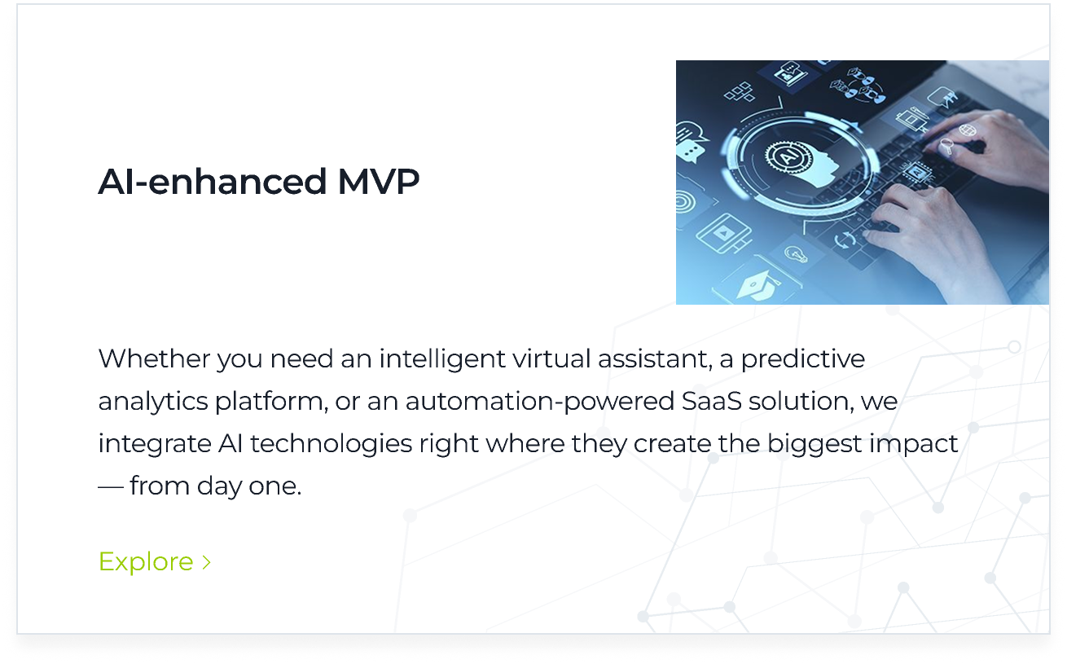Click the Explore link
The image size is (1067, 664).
pyautogui.click(x=146, y=561)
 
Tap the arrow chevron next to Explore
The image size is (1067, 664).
pyautogui.click(x=207, y=562)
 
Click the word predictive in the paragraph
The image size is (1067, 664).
pyautogui.click(x=802, y=358)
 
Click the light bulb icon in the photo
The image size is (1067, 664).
pyautogui.click(x=794, y=253)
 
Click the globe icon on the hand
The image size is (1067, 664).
pyautogui.click(x=968, y=130)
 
